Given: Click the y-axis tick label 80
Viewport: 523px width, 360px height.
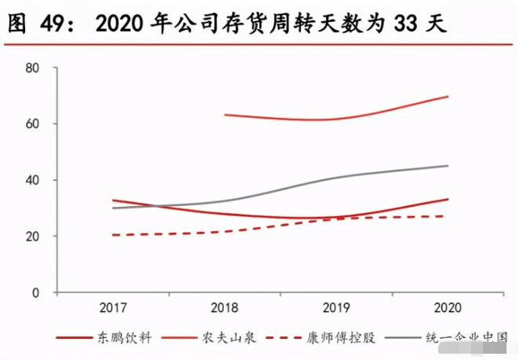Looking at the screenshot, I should [x=32, y=68].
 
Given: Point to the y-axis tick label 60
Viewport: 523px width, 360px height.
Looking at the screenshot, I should [x=32, y=124].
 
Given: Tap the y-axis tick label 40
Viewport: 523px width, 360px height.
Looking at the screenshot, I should [x=32, y=180].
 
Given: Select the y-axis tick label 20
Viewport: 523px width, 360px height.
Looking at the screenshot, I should [x=32, y=237].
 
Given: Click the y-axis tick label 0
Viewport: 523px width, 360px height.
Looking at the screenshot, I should [x=35, y=292].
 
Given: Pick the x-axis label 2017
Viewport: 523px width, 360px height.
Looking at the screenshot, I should [x=114, y=307].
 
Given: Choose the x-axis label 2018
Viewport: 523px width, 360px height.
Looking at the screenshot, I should [x=225, y=307].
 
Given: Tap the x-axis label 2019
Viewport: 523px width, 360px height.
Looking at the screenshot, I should [x=337, y=307].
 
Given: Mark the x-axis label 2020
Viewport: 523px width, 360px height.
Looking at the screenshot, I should [x=448, y=307].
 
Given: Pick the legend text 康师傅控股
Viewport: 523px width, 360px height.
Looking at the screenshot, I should [x=349, y=338].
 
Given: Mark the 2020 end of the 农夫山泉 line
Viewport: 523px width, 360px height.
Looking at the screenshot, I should [x=448, y=97].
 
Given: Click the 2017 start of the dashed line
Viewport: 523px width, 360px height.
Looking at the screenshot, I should [x=114, y=235].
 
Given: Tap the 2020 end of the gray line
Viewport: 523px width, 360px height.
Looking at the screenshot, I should [x=448, y=166].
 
